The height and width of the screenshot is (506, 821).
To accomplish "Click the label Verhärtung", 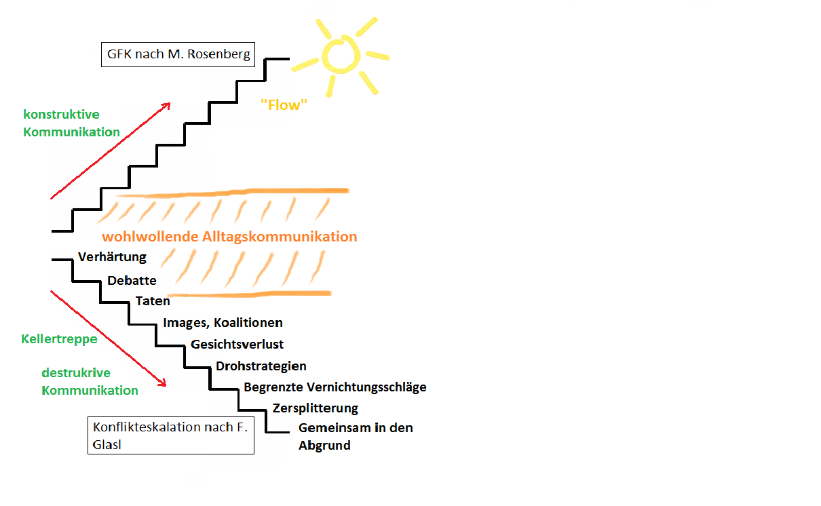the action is [x=112, y=257].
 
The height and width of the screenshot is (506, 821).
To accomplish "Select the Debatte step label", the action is [x=132, y=281].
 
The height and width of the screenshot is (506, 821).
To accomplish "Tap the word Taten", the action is [x=153, y=301].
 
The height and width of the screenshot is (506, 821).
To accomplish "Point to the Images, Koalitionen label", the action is [x=223, y=323].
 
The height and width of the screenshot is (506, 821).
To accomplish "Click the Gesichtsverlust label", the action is [x=237, y=345].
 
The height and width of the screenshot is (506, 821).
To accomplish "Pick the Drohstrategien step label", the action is [x=261, y=366].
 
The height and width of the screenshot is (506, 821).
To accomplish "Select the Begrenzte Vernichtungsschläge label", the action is [x=335, y=387].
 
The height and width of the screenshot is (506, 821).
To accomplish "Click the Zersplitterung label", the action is [x=316, y=408].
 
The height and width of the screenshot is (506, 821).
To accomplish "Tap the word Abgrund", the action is [x=324, y=446].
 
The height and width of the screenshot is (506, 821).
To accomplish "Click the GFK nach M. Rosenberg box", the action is [x=178, y=54].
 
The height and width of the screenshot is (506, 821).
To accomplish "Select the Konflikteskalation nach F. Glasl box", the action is [x=171, y=435].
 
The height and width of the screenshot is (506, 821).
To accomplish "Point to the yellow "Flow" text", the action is [x=284, y=105].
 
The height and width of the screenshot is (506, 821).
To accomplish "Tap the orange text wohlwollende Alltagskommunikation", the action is [x=229, y=237].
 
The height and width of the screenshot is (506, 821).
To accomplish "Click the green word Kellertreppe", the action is [x=60, y=339].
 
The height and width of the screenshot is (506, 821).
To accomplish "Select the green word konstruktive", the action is [x=61, y=115].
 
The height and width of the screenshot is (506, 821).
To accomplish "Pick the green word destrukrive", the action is [x=76, y=373].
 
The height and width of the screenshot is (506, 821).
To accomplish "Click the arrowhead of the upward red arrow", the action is [x=167, y=106].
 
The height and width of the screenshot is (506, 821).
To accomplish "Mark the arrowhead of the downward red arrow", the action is [x=162, y=383].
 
